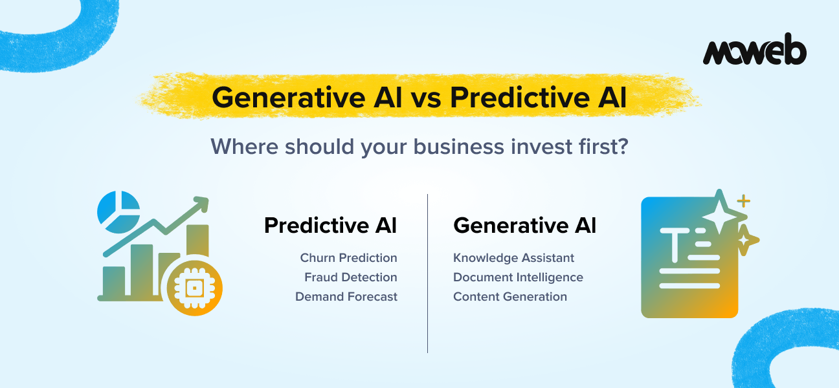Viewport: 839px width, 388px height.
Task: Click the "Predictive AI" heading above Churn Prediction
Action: tap(330, 226)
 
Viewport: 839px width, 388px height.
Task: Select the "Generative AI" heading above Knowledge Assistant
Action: tap(524, 226)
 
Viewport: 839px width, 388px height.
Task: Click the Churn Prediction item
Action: tap(348, 258)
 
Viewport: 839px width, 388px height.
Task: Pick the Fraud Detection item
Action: tap(350, 277)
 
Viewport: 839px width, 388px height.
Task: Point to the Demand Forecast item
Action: tap(346, 297)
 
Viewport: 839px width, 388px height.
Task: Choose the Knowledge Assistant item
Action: tap(513, 258)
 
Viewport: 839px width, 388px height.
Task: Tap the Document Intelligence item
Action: tap(518, 277)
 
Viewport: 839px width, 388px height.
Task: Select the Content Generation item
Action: tap(509, 297)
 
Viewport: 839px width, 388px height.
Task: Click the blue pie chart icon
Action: tap(117, 211)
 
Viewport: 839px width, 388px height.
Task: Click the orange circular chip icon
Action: tap(194, 288)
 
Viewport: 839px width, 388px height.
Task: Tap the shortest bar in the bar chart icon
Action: tap(114, 281)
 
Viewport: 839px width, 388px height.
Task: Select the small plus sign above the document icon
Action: tap(744, 201)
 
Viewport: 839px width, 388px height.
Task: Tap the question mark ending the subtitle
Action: tap(621, 146)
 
